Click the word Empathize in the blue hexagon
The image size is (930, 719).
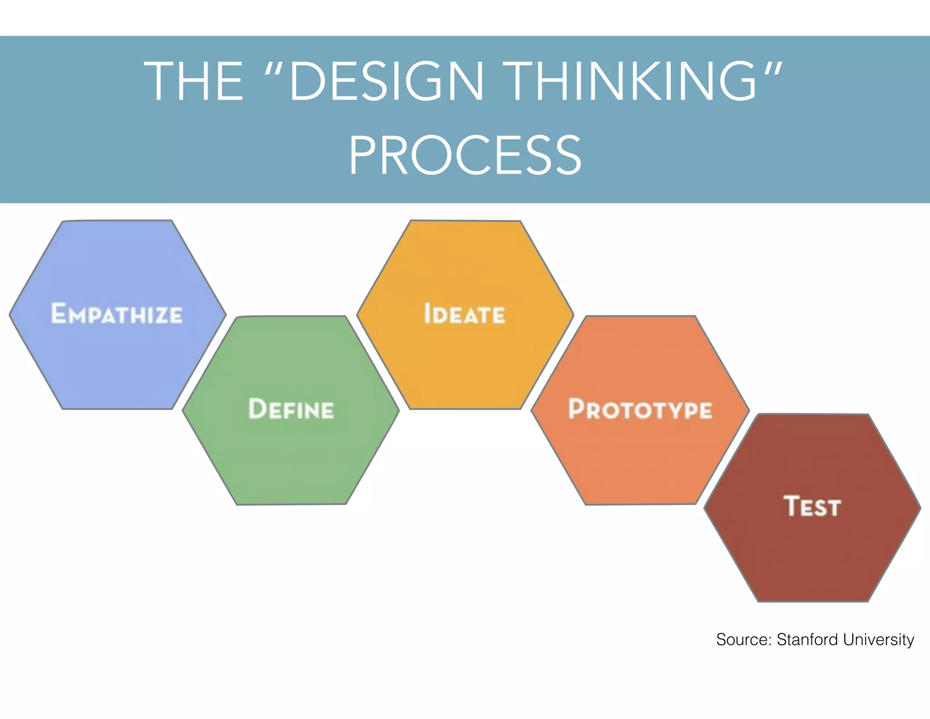pos(117,314)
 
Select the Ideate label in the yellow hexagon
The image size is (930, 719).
pos(464,314)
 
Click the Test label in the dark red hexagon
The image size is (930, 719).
pos(812,506)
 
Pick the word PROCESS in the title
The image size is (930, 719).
pos(465,155)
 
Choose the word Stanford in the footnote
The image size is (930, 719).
pos(807,639)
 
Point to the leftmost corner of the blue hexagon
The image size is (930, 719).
pos(10,314)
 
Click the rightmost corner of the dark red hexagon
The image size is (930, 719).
pos(920,508)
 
